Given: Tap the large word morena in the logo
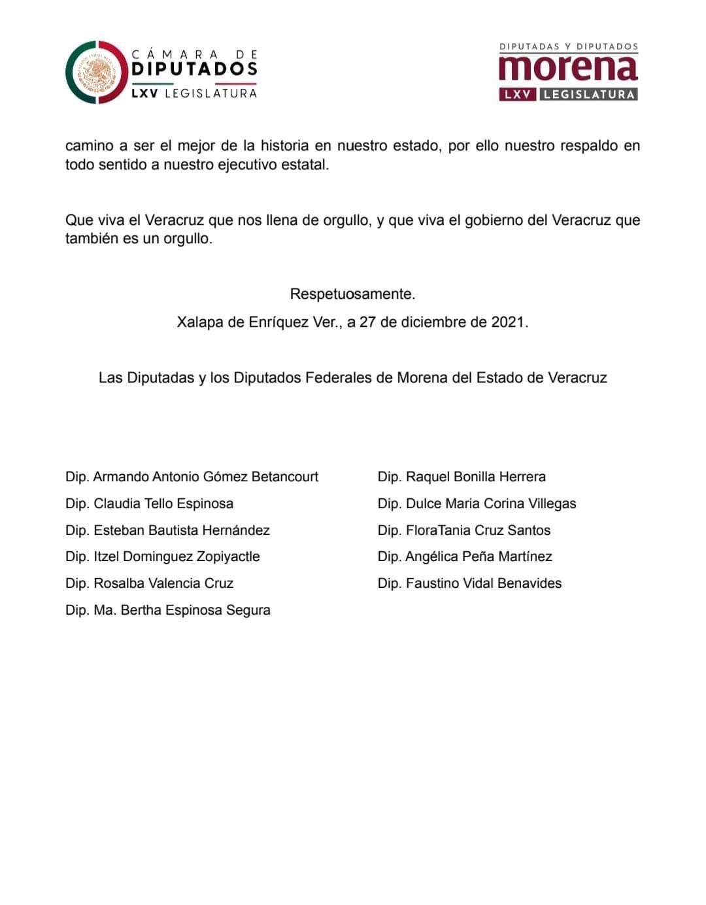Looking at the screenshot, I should (567, 68).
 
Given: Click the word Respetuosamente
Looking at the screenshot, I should (352, 294).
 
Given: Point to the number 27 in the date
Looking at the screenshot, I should (367, 322).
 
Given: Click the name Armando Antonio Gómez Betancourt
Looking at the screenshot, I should (205, 477).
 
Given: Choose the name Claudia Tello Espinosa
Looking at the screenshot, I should (163, 504).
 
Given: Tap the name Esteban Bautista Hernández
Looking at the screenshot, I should (181, 530).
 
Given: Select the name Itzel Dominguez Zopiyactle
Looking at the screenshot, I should (176, 556).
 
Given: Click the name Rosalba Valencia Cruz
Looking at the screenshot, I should (163, 583).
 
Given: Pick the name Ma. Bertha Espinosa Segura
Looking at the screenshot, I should (182, 610).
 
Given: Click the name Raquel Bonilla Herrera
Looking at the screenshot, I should (475, 477).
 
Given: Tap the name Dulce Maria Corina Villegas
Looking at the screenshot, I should (491, 504).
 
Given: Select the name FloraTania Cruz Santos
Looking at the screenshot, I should (478, 530).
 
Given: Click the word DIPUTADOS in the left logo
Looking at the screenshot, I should (194, 69).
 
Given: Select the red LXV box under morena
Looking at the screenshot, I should (518, 94).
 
